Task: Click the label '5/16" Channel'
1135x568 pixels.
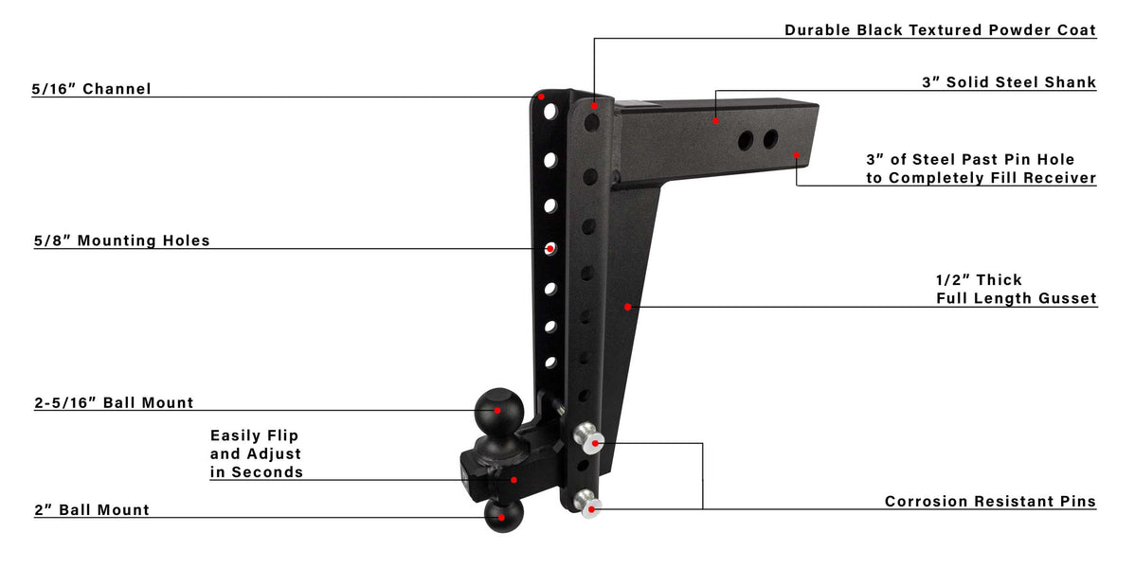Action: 91,89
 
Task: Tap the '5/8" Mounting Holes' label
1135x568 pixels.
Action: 121,241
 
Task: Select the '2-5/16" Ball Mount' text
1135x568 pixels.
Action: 114,403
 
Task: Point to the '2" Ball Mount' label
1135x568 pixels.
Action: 91,510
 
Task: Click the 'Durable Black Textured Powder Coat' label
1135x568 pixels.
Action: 940,30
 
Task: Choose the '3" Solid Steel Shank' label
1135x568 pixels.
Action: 1009,82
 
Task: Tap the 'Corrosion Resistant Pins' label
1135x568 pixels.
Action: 990,502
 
